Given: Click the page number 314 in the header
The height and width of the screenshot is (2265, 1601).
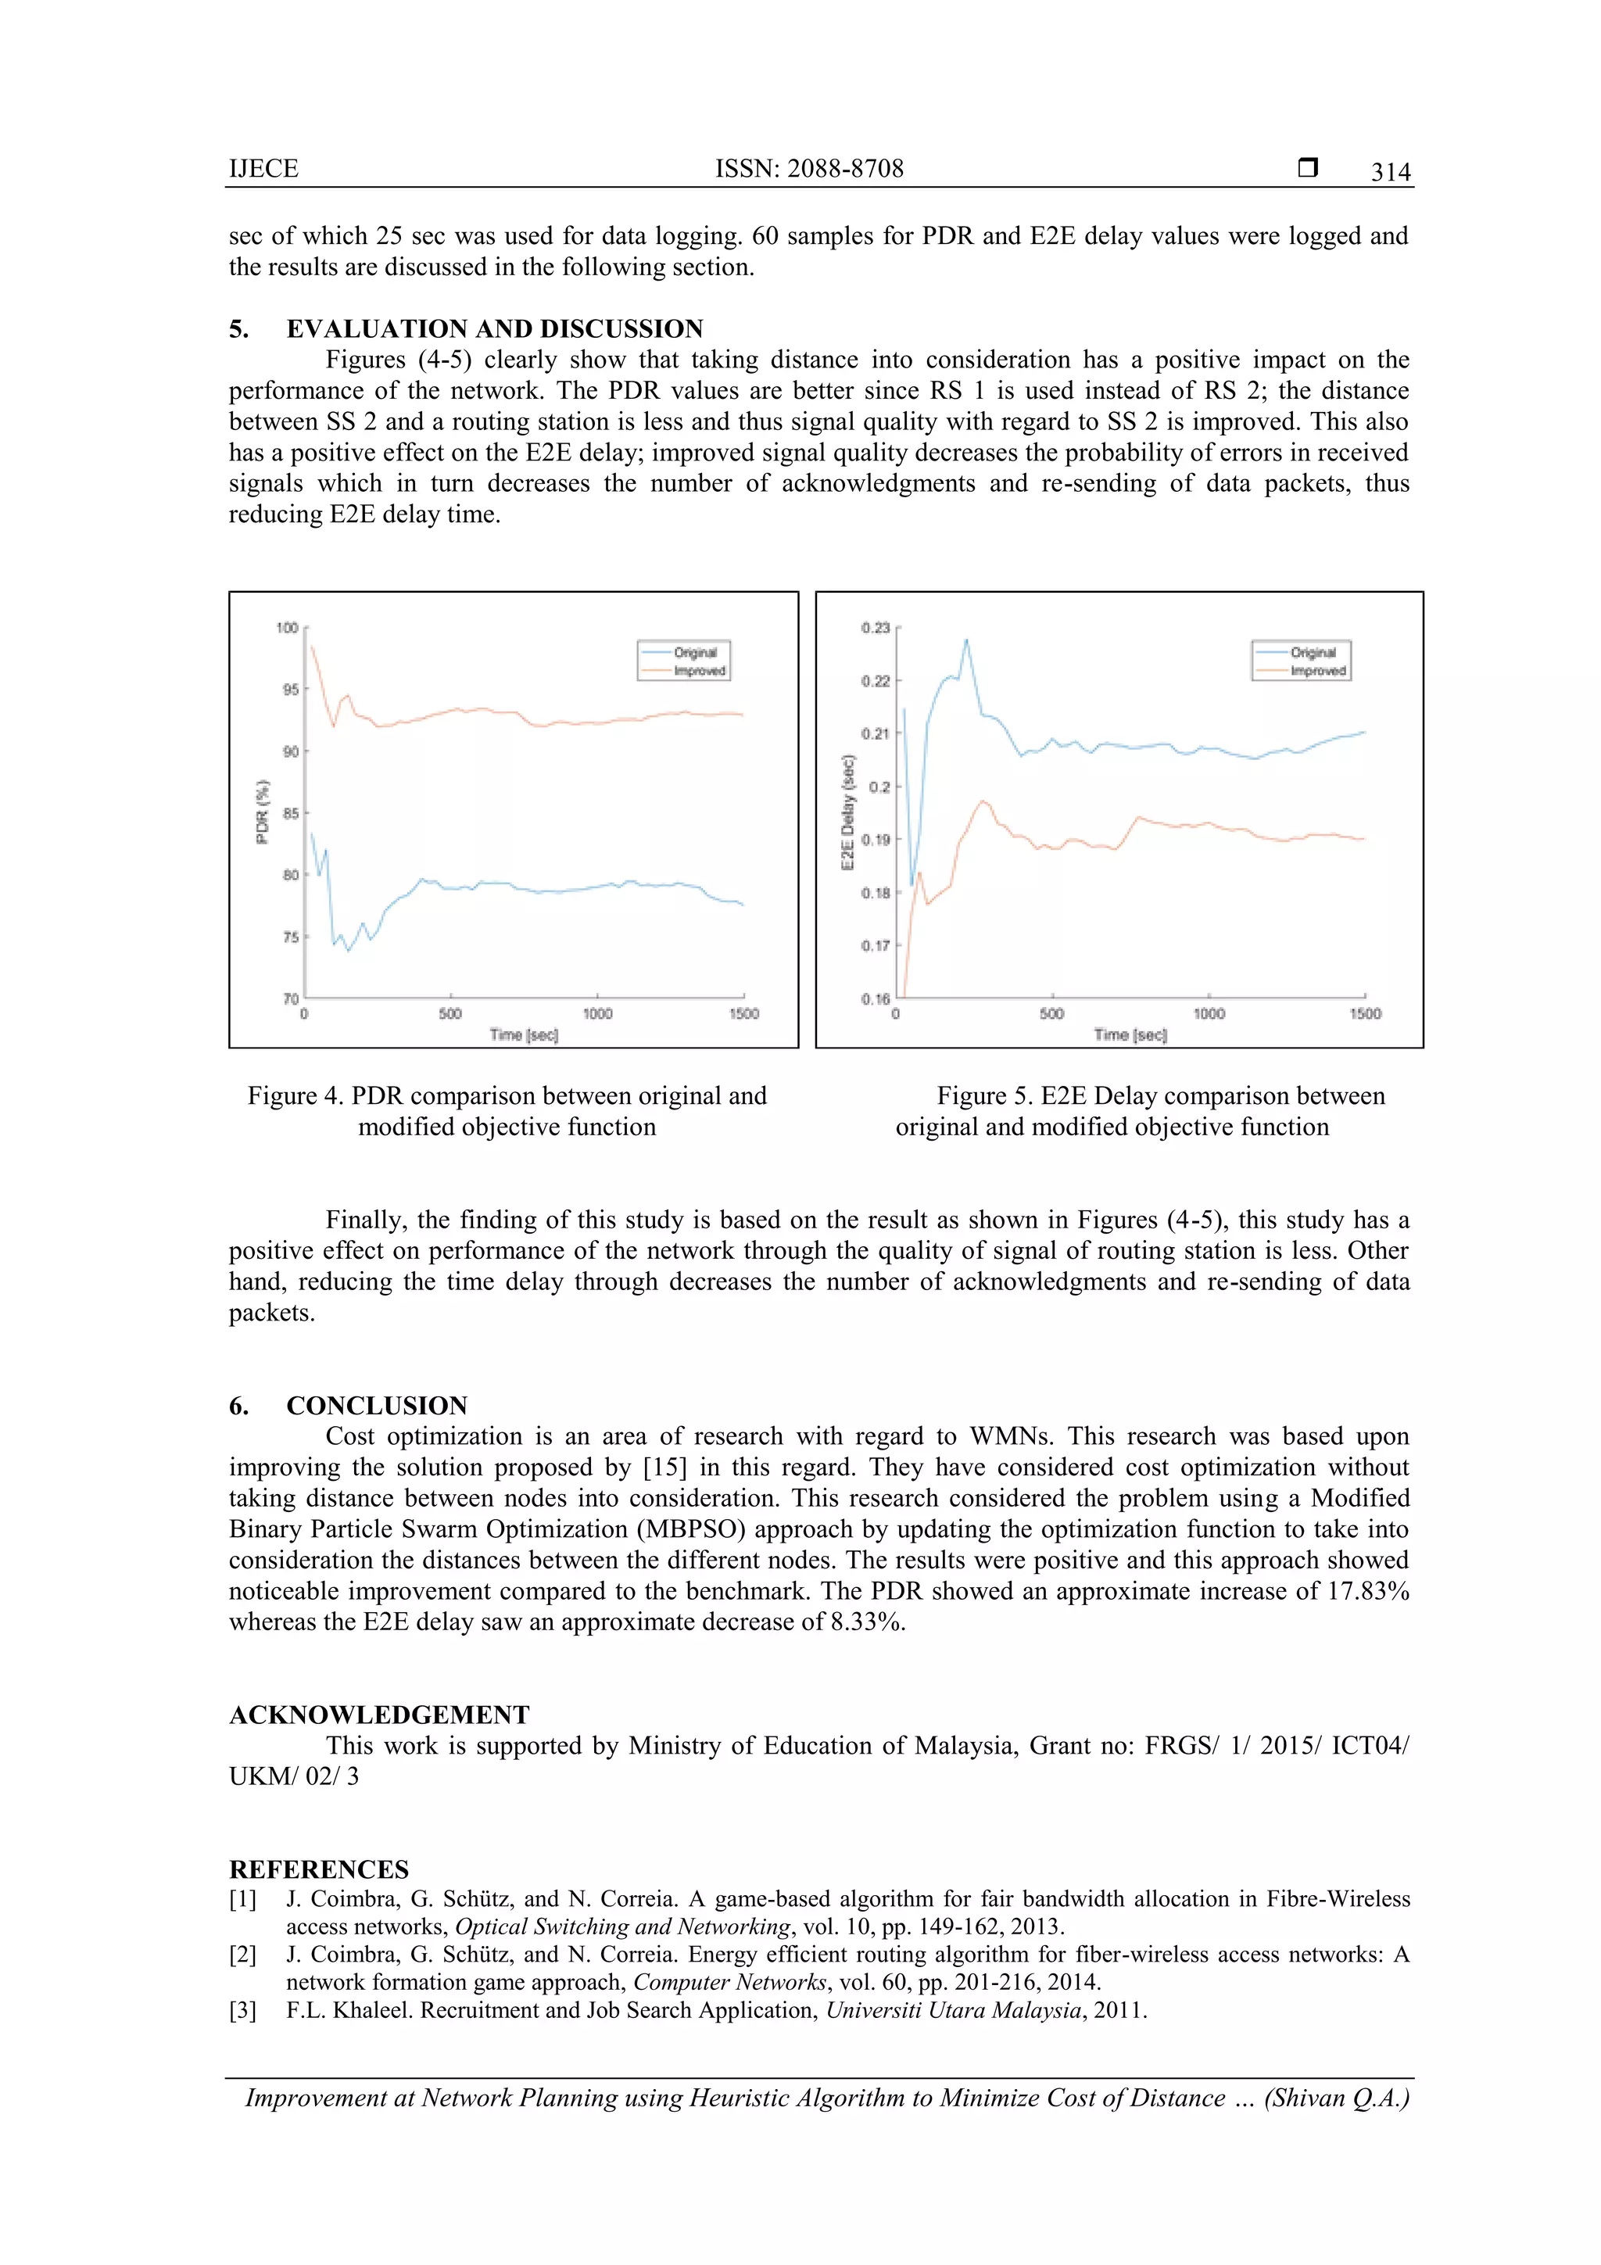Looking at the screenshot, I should coord(1390,172).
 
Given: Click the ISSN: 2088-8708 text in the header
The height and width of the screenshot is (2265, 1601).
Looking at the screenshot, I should coord(809,169).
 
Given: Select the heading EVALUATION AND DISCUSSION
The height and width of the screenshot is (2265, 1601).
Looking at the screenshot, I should coord(494,328).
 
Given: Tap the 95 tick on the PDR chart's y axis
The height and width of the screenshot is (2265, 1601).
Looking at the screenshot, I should coord(290,690).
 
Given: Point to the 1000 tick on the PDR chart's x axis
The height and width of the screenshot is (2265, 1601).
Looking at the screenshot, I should coord(596,1014).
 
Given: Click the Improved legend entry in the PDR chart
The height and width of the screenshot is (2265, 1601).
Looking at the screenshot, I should coord(700,671).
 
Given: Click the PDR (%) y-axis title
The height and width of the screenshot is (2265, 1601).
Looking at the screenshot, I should coord(263,812).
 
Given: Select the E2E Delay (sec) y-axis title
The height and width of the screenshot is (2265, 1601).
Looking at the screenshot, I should coord(847,812).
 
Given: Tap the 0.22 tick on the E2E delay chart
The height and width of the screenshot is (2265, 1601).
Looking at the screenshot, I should coord(875,682).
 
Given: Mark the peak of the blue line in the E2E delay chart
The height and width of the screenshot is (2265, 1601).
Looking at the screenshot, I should coord(965,640).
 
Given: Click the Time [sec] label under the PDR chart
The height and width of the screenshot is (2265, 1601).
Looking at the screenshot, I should coord(524,1035).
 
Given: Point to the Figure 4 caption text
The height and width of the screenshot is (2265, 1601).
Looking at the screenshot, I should coord(507,1111).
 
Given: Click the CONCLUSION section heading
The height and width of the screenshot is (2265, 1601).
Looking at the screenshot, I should coord(377,1405).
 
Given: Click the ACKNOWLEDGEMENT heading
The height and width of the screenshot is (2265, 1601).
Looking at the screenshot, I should coord(379,1715).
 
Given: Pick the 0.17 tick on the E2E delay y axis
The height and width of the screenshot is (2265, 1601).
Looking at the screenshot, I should coord(875,946).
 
